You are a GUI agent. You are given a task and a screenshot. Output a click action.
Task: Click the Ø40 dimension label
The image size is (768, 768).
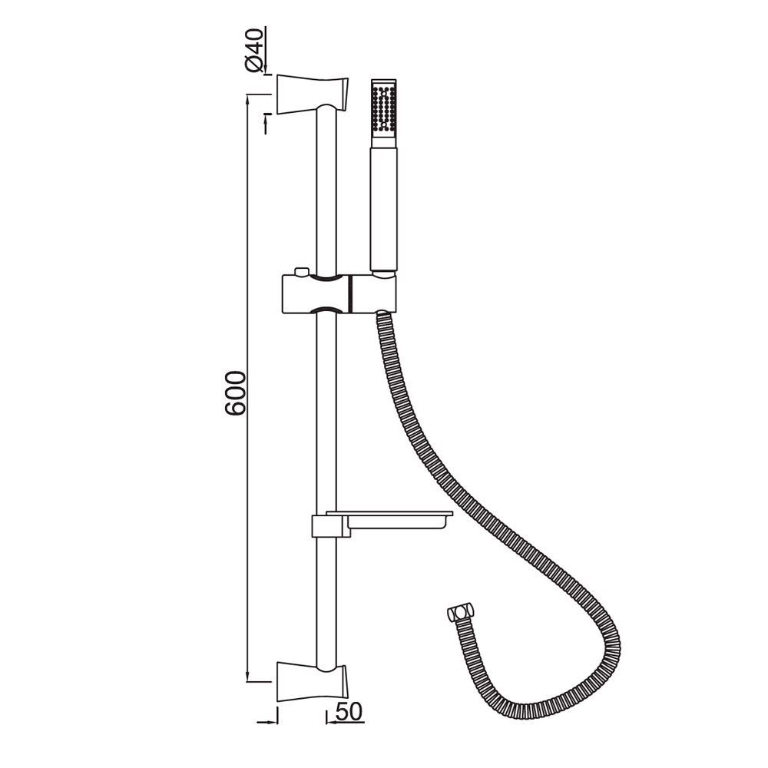(256, 49)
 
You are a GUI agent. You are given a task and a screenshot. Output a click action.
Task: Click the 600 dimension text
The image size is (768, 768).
(236, 393)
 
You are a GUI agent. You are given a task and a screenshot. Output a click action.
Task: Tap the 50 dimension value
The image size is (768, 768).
(348, 712)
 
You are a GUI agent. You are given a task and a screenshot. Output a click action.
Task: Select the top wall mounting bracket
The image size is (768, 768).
(311, 93)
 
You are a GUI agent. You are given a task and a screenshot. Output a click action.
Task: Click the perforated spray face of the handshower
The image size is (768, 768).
(382, 108)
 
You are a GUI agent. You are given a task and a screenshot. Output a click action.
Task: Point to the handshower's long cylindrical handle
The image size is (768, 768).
(383, 207)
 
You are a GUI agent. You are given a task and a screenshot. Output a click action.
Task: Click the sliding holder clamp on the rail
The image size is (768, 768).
(316, 293)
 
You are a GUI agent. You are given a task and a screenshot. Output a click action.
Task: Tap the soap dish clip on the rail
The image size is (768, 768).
(326, 526)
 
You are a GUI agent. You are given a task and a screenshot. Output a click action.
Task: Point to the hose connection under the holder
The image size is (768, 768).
(382, 314)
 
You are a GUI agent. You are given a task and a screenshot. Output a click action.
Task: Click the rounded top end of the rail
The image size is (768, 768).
(327, 111)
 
